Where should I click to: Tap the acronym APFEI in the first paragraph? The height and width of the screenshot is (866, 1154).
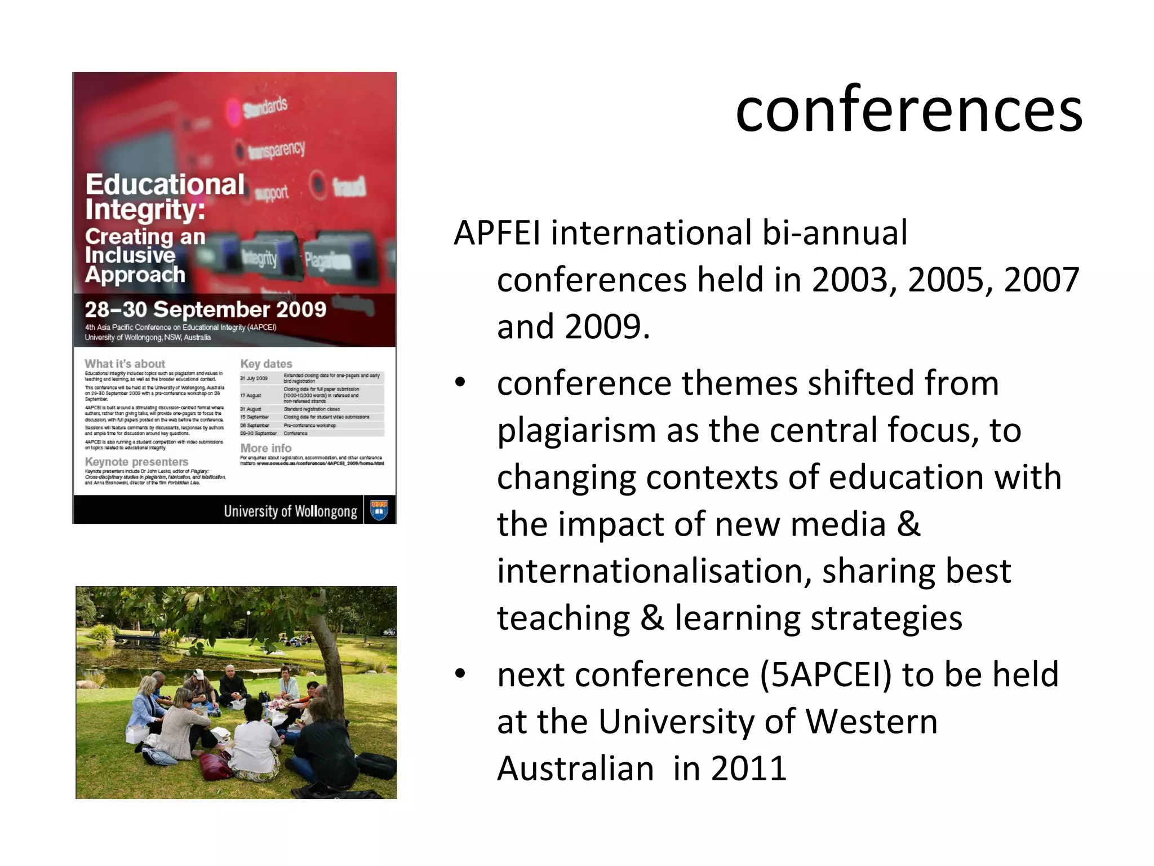[497, 233]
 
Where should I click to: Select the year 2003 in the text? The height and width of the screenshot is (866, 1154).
[854, 280]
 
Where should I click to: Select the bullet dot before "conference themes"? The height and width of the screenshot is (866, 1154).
[460, 383]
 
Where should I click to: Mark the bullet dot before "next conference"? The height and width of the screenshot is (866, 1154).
[460, 674]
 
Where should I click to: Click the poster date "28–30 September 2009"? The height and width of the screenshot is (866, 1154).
[205, 310]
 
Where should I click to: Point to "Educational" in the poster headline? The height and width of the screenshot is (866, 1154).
[165, 184]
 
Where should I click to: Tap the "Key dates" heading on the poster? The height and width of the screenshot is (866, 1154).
[266, 364]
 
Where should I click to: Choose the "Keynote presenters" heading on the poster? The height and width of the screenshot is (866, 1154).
[136, 462]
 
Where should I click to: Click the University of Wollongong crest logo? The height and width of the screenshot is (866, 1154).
[379, 511]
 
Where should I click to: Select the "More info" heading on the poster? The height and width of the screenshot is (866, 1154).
[265, 448]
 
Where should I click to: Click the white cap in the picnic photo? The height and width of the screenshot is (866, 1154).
[198, 674]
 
